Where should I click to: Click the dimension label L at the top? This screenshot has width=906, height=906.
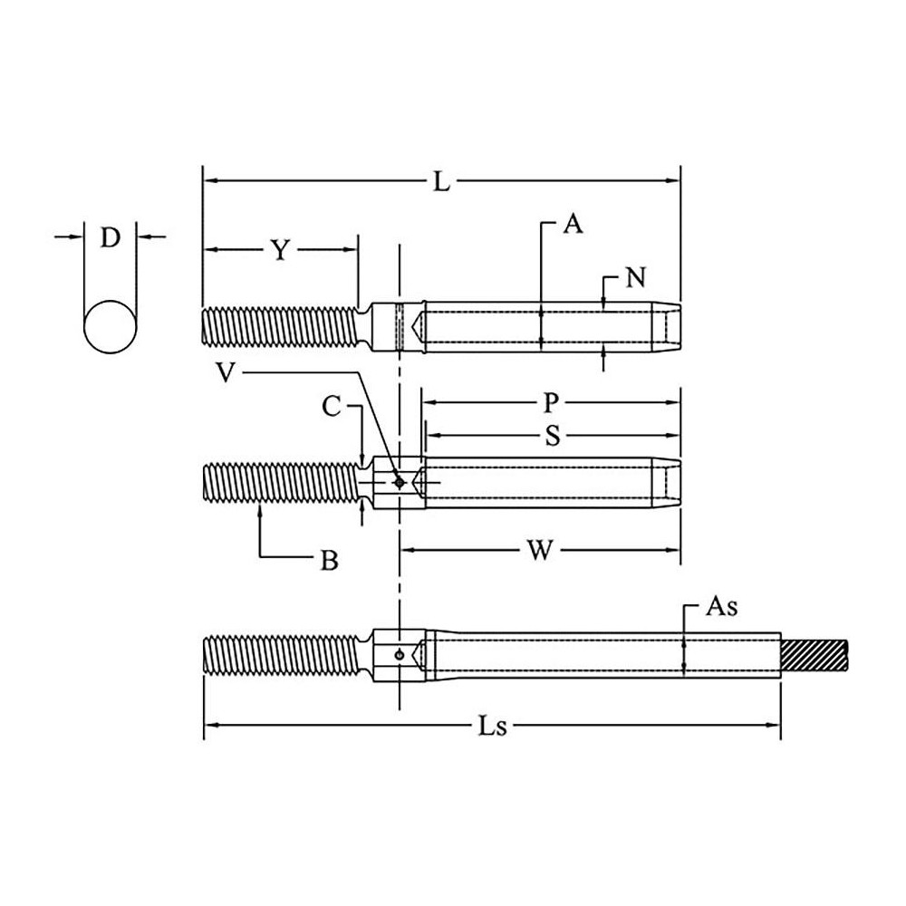(440, 182)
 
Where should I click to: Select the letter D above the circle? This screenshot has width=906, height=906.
(110, 238)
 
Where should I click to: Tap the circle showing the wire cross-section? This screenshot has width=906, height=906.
(111, 326)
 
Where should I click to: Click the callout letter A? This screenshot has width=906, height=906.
(572, 224)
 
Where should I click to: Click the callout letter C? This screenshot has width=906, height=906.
(333, 408)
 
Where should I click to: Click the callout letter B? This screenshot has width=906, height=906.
(330, 562)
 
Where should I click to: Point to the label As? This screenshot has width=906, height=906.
(721, 607)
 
